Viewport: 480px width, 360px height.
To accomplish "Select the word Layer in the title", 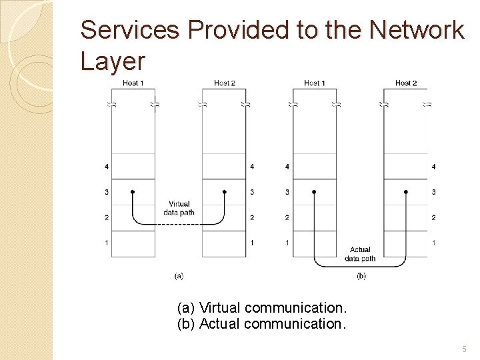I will [x=112, y=61].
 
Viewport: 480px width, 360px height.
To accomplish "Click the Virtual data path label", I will [x=179, y=208].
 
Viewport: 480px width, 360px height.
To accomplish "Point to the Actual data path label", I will [x=360, y=254].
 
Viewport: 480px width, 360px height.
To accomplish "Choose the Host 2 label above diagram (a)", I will [x=225, y=83].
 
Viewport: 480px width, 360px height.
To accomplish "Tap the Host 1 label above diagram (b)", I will [x=315, y=83].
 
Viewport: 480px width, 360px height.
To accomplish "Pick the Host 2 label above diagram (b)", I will [x=406, y=83].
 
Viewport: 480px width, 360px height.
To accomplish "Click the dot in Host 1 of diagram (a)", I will [x=133, y=192].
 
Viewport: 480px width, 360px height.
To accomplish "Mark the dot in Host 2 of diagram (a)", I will [x=225, y=192].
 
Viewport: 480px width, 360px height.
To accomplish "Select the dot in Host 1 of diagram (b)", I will [x=314, y=192].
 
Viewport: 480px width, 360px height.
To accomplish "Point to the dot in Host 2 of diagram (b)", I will [x=406, y=192].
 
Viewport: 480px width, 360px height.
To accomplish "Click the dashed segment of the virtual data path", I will [x=179, y=225].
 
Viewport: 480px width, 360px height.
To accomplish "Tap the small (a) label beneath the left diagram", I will [x=179, y=275].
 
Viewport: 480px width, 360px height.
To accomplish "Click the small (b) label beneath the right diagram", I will [x=361, y=275].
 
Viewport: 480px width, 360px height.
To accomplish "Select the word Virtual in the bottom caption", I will [x=220, y=308].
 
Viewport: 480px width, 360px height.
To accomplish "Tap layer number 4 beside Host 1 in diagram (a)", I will [x=107, y=167].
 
